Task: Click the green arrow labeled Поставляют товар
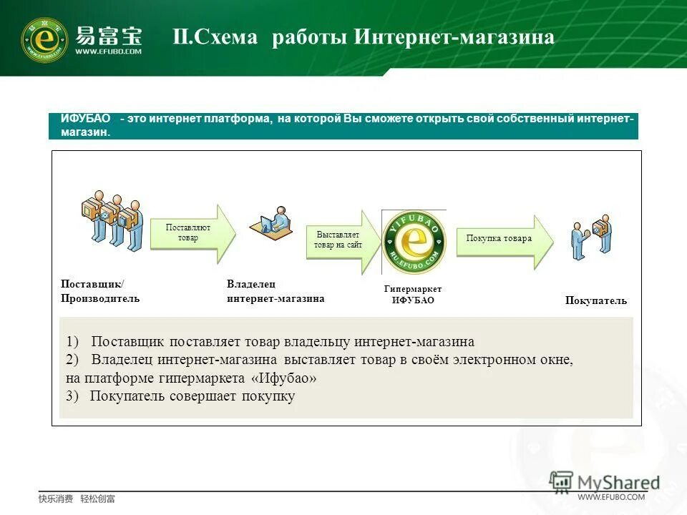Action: [x=192, y=233]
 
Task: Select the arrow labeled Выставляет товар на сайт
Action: [x=342, y=240]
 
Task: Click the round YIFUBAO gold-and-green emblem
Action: [x=414, y=242]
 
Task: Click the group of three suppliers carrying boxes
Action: [x=111, y=218]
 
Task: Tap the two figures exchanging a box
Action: [x=591, y=236]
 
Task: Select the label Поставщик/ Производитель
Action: [x=100, y=291]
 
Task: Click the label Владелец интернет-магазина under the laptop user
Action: [x=275, y=292]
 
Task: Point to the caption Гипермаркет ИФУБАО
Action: [x=413, y=295]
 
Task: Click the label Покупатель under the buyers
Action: [x=595, y=301]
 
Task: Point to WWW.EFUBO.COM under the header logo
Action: [x=109, y=51]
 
